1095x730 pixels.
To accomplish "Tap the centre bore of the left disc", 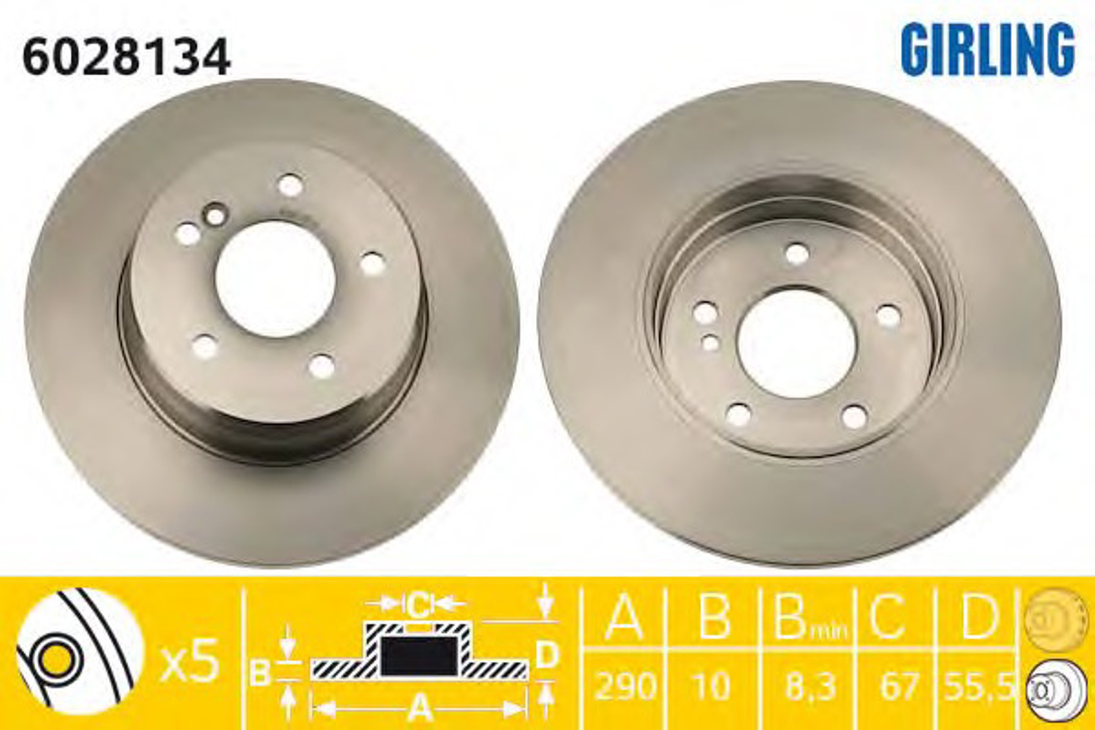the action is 276,279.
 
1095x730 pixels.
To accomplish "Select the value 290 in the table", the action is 625,686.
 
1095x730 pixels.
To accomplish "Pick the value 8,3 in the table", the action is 811,686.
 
